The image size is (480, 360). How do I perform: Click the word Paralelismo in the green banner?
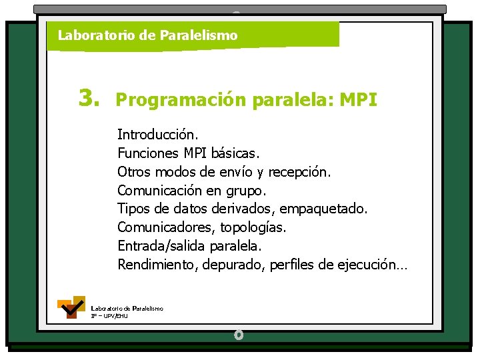(x=199, y=35)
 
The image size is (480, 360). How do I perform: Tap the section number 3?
(x=89, y=99)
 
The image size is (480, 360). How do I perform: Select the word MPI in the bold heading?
(x=359, y=101)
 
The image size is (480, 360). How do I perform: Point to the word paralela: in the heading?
(x=294, y=101)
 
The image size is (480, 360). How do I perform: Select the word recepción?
(x=299, y=172)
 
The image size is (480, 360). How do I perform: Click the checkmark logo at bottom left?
(x=71, y=307)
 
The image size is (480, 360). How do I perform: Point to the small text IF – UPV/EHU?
(x=109, y=315)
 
